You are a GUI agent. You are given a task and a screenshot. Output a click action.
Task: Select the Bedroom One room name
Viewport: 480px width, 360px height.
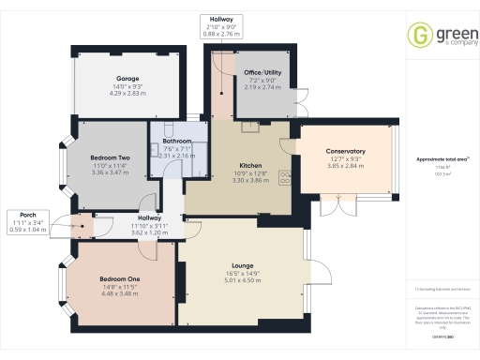point(119,278)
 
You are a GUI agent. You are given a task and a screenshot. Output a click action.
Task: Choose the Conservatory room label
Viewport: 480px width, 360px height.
point(345,151)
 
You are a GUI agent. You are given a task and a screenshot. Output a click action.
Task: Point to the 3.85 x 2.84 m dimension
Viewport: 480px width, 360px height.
point(345,166)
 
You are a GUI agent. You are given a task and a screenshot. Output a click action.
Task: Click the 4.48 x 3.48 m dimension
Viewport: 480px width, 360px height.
point(119,293)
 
